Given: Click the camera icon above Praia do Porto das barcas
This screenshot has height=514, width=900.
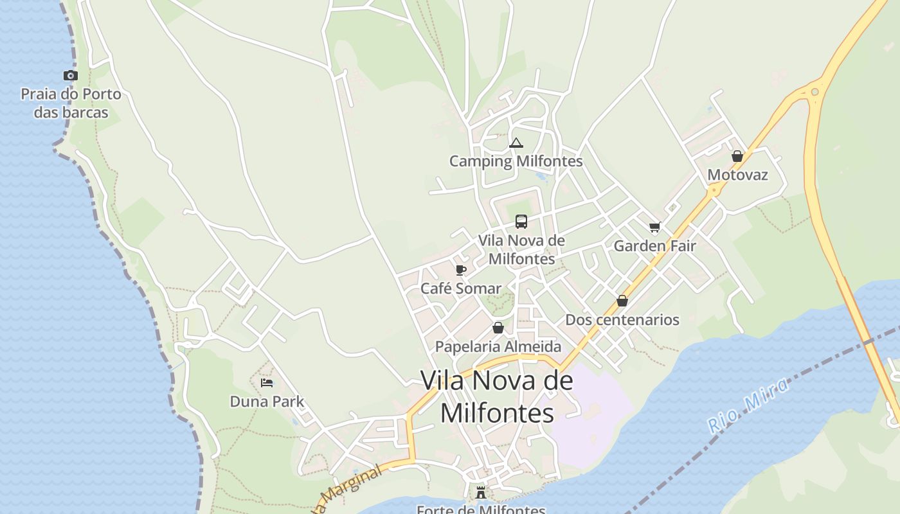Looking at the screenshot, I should tap(71, 76).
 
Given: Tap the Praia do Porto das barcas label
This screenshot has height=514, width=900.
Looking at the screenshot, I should tap(71, 103).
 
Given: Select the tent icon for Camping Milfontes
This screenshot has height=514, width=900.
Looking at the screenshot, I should tap(516, 143).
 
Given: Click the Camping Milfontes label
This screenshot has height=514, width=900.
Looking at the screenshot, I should tap(516, 161).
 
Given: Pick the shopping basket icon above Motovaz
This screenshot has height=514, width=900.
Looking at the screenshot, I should tap(737, 156).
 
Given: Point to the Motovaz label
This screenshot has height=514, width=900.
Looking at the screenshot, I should tap(737, 175).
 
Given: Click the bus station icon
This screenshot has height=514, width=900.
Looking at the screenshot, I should tap(521, 222).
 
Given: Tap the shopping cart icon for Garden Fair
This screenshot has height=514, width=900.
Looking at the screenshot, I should tap(654, 227).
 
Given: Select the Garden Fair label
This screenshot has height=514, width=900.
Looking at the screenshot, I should tap(654, 245).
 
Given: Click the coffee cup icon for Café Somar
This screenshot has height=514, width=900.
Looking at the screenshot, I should tap(460, 270).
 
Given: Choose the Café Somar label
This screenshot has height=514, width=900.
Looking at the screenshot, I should tap(460, 288).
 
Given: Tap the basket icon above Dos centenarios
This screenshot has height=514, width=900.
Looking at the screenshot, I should tap(622, 301).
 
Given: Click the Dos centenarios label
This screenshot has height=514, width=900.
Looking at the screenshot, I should tap(622, 319).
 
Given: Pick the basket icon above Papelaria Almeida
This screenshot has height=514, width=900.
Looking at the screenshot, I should tap(498, 328).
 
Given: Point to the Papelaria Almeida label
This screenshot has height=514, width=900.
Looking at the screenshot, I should tap(498, 346).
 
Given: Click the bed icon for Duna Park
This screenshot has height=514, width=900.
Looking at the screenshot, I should tap(267, 383).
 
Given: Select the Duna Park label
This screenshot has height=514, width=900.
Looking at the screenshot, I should tap(267, 402).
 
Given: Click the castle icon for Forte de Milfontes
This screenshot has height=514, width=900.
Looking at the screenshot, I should tap(481, 493).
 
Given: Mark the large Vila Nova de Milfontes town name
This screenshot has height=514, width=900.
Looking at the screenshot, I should tap(497, 396).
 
